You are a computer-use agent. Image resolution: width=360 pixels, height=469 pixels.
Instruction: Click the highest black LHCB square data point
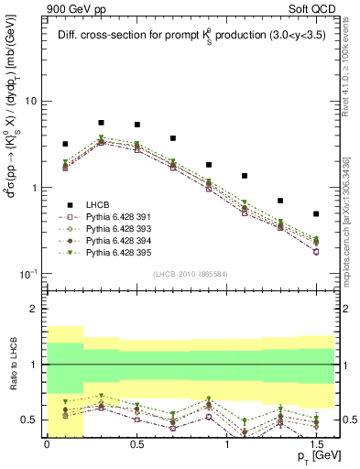tap(101, 123)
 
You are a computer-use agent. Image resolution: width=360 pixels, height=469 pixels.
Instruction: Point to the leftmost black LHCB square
tap(65, 144)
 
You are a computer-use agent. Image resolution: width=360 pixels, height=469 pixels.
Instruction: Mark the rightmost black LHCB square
tap(316, 213)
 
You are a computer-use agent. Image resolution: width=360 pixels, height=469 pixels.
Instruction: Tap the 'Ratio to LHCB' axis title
tap(13, 365)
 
